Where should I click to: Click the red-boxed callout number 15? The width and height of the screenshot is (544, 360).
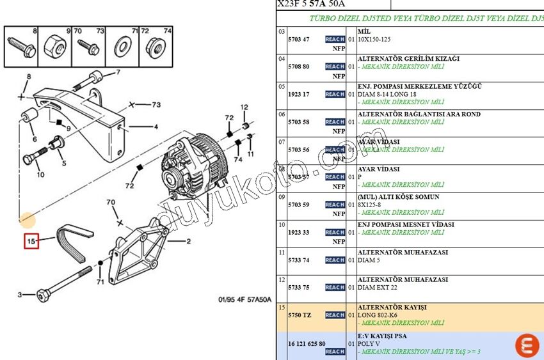point(31,241)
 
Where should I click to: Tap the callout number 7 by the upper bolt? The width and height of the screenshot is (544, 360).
point(118,72)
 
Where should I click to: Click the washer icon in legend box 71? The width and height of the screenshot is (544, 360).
point(122,46)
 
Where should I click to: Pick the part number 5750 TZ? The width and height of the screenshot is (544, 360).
point(299,315)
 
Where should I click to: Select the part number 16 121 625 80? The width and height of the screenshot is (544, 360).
point(307,343)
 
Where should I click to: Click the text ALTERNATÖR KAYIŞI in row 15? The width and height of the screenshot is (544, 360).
point(392,307)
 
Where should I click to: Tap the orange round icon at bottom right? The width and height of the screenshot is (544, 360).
point(527,345)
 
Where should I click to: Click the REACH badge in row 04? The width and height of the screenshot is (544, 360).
point(335,67)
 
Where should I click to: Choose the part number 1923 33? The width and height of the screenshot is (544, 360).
point(299,232)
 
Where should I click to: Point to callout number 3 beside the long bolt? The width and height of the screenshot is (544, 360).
point(20,295)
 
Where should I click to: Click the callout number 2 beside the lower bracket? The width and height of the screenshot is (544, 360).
point(188,242)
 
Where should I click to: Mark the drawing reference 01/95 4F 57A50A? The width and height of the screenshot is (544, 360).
point(244,299)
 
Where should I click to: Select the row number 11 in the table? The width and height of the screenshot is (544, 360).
point(281,253)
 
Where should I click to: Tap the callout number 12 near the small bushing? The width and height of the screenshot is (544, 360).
point(244,107)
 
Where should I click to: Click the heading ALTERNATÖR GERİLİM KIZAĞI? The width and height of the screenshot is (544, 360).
point(408,58)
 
